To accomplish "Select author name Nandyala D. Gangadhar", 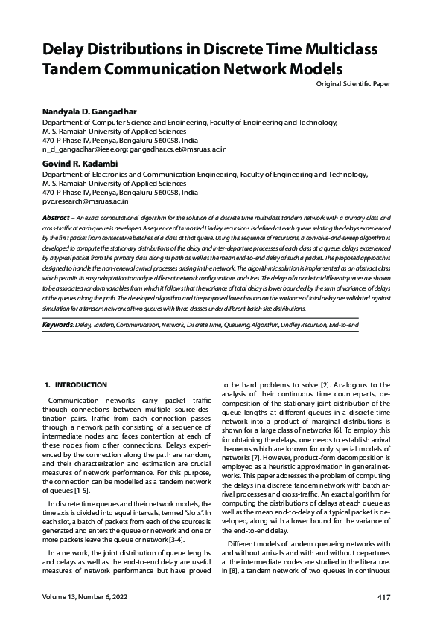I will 89,112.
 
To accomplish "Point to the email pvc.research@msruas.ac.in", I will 86,201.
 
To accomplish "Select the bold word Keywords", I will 57,326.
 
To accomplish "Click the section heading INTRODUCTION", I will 81,384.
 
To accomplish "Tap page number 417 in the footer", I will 384,597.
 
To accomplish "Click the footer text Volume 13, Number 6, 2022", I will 85,597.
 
